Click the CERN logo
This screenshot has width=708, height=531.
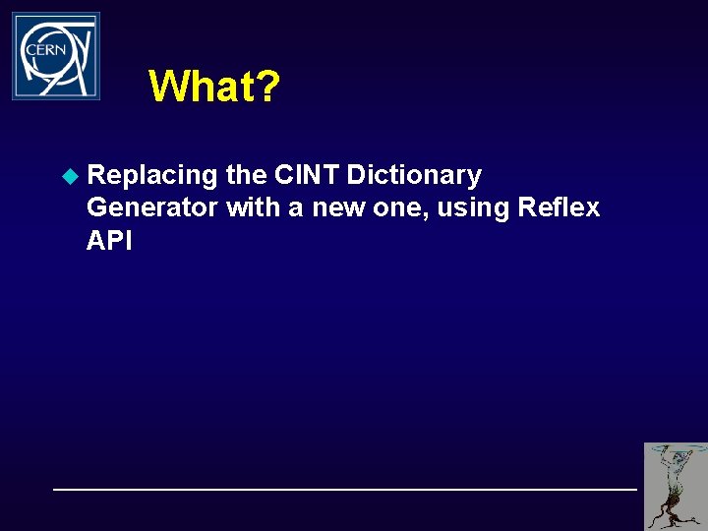pyautogui.click(x=56, y=56)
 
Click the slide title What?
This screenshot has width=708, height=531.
pyautogui.click(x=214, y=87)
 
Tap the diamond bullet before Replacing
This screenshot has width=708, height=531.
pyautogui.click(x=69, y=176)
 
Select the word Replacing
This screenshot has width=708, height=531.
pyautogui.click(x=151, y=176)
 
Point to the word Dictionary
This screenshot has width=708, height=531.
pyautogui.click(x=414, y=176)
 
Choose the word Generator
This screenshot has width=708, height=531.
pyautogui.click(x=151, y=208)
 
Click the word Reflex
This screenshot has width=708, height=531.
pyautogui.click(x=559, y=208)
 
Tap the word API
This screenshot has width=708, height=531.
pyautogui.click(x=109, y=241)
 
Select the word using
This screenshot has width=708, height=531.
pyautogui.click(x=475, y=208)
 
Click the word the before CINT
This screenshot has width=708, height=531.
pyautogui.click(x=246, y=176)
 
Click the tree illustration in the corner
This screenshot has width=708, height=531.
pyautogui.click(x=676, y=486)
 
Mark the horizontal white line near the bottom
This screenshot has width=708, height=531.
pyautogui.click(x=344, y=489)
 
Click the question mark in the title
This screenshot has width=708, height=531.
pyautogui.click(x=268, y=87)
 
